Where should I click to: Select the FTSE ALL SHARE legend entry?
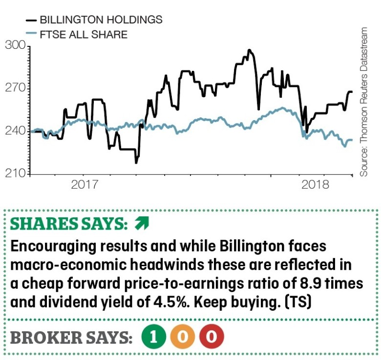[83, 34]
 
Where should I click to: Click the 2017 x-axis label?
[84, 185]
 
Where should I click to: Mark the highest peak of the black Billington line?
[249, 50]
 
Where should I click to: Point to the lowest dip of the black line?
[136, 162]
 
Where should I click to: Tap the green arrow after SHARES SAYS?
[141, 224]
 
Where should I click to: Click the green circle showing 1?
[153, 338]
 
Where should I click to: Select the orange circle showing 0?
[183, 338]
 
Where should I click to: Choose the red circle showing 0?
[212, 338]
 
